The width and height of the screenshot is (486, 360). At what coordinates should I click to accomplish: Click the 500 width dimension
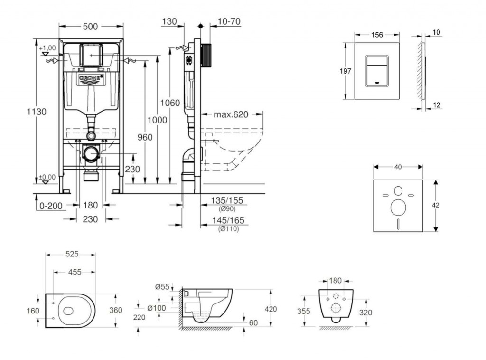(x=90, y=27)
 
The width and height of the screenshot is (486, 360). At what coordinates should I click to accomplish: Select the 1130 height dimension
(x=37, y=112)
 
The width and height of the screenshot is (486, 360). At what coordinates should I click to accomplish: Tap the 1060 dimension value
(x=170, y=103)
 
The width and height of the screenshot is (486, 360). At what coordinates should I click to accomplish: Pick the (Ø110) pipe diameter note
(x=228, y=229)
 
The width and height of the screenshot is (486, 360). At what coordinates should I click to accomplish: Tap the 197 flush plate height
(x=346, y=71)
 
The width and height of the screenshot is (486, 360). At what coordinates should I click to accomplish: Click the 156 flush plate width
(x=377, y=34)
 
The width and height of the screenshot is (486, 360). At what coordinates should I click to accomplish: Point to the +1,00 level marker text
(x=47, y=48)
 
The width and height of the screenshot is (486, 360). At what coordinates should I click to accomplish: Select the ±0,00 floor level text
(x=47, y=177)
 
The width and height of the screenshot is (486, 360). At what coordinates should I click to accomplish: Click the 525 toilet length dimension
(x=71, y=255)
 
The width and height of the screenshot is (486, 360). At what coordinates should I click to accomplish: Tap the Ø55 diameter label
(x=162, y=286)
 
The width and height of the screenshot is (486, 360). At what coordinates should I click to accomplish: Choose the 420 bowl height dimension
(x=271, y=309)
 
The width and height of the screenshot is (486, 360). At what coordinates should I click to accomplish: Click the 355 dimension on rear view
(x=303, y=312)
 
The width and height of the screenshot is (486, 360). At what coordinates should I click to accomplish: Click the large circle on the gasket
(x=398, y=207)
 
